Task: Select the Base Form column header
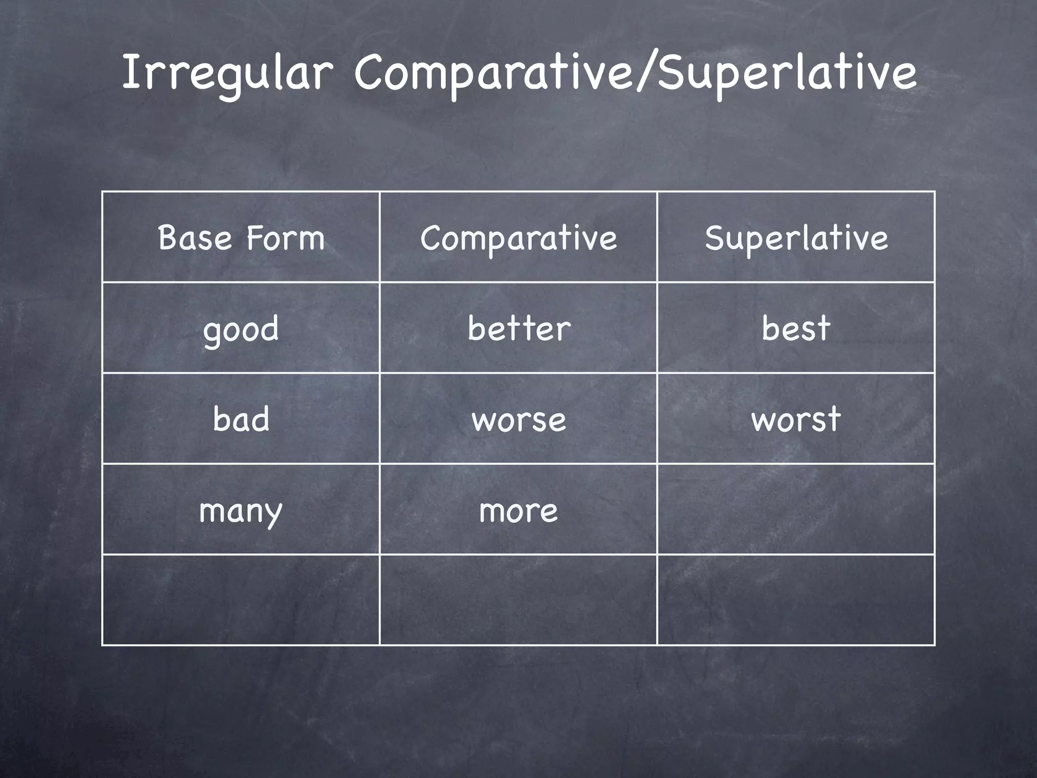241,238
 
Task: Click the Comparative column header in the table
518,238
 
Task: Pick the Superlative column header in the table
796,238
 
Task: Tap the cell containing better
518,328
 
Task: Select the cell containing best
796,328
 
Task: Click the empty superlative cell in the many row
796,510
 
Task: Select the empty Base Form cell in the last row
241,600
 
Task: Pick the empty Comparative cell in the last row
518,600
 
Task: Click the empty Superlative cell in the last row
796,600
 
